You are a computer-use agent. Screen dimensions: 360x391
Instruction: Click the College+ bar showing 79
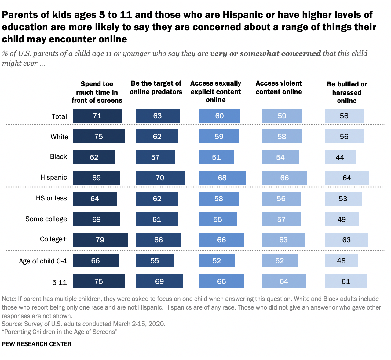click(100, 240)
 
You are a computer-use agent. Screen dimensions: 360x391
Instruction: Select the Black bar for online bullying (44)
click(340, 157)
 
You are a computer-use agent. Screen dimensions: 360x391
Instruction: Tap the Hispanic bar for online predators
click(160, 178)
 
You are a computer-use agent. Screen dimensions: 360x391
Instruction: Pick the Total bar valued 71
click(97, 116)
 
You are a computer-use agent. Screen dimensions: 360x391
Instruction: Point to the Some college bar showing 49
click(342, 219)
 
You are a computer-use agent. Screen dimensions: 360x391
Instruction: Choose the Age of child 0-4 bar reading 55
click(155, 261)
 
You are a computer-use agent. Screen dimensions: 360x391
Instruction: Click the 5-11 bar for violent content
click(284, 281)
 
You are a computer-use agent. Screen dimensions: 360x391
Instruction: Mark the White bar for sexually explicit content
click(219, 137)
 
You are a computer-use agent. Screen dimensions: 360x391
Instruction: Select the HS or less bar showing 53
click(343, 199)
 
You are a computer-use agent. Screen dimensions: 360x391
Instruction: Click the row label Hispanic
click(54, 178)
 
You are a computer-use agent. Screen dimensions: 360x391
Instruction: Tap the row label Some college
click(46, 219)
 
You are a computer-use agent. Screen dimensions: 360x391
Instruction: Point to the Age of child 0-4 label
click(43, 261)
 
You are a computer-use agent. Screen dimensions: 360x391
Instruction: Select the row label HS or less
click(51, 198)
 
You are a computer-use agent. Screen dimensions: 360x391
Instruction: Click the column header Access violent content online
click(279, 88)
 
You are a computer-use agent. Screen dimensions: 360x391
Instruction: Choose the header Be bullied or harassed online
click(347, 92)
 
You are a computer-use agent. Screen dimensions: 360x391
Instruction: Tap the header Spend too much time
click(97, 92)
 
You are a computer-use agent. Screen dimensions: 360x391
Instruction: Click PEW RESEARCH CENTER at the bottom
click(37, 344)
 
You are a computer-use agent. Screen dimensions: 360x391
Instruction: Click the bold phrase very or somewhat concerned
click(265, 53)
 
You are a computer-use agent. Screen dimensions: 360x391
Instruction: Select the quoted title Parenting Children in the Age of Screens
click(60, 332)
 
